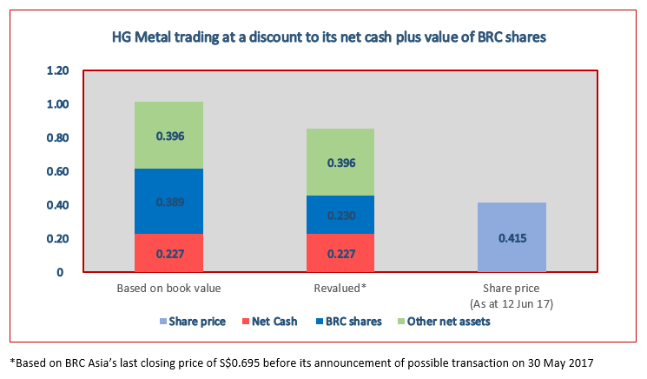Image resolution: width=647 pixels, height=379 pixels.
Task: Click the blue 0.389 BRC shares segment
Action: [169, 202]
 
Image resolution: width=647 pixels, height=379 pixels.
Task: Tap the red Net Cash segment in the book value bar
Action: [169, 254]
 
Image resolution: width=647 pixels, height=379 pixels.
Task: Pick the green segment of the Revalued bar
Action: [340, 162]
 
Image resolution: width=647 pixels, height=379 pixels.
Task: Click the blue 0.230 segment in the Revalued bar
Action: [340, 215]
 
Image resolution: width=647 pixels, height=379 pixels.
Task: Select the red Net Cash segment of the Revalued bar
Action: [340, 254]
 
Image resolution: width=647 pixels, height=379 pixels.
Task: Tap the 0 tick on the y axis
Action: [60, 273]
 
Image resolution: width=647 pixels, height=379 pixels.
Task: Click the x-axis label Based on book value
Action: [168, 288]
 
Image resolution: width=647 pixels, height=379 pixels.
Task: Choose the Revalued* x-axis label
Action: [340, 288]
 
